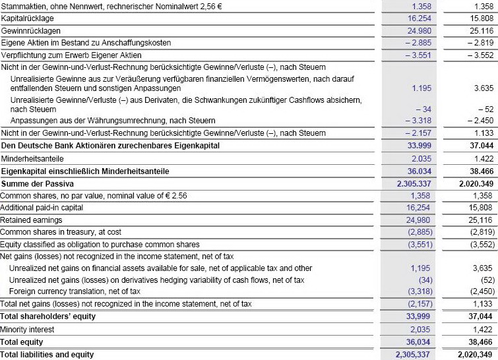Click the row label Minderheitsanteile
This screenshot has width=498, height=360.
click(x=30, y=159)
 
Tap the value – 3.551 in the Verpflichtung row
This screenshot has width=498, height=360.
click(x=419, y=55)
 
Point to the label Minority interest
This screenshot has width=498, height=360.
click(x=27, y=329)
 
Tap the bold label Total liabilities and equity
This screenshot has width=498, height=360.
click(x=47, y=354)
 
